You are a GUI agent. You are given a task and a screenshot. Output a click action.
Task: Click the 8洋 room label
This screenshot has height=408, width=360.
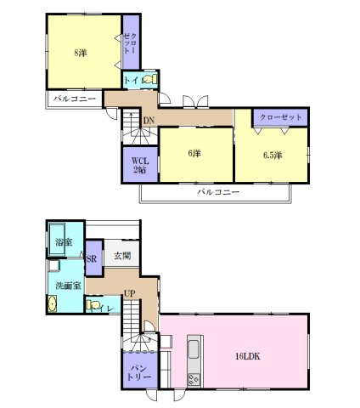tap(80, 53)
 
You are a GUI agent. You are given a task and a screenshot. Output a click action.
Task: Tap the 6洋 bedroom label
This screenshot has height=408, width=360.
tap(194, 154)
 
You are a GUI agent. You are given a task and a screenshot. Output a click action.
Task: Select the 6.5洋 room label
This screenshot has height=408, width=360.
tap(272, 155)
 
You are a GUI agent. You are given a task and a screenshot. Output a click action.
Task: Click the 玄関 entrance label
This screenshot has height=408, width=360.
tap(121, 255)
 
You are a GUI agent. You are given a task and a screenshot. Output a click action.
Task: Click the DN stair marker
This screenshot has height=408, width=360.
tap(148, 121)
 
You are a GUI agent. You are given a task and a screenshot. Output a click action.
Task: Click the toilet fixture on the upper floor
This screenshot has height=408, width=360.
tap(149, 81)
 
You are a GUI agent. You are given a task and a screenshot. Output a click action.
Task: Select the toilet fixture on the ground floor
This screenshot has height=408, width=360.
tap(95, 304)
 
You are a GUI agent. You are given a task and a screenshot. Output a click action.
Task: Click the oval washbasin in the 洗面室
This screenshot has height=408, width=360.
tap(55, 306)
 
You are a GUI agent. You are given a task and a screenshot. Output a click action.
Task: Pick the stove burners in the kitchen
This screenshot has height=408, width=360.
tap(193, 377)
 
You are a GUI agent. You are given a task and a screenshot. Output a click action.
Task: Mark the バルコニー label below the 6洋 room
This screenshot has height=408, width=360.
tap(218, 192)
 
